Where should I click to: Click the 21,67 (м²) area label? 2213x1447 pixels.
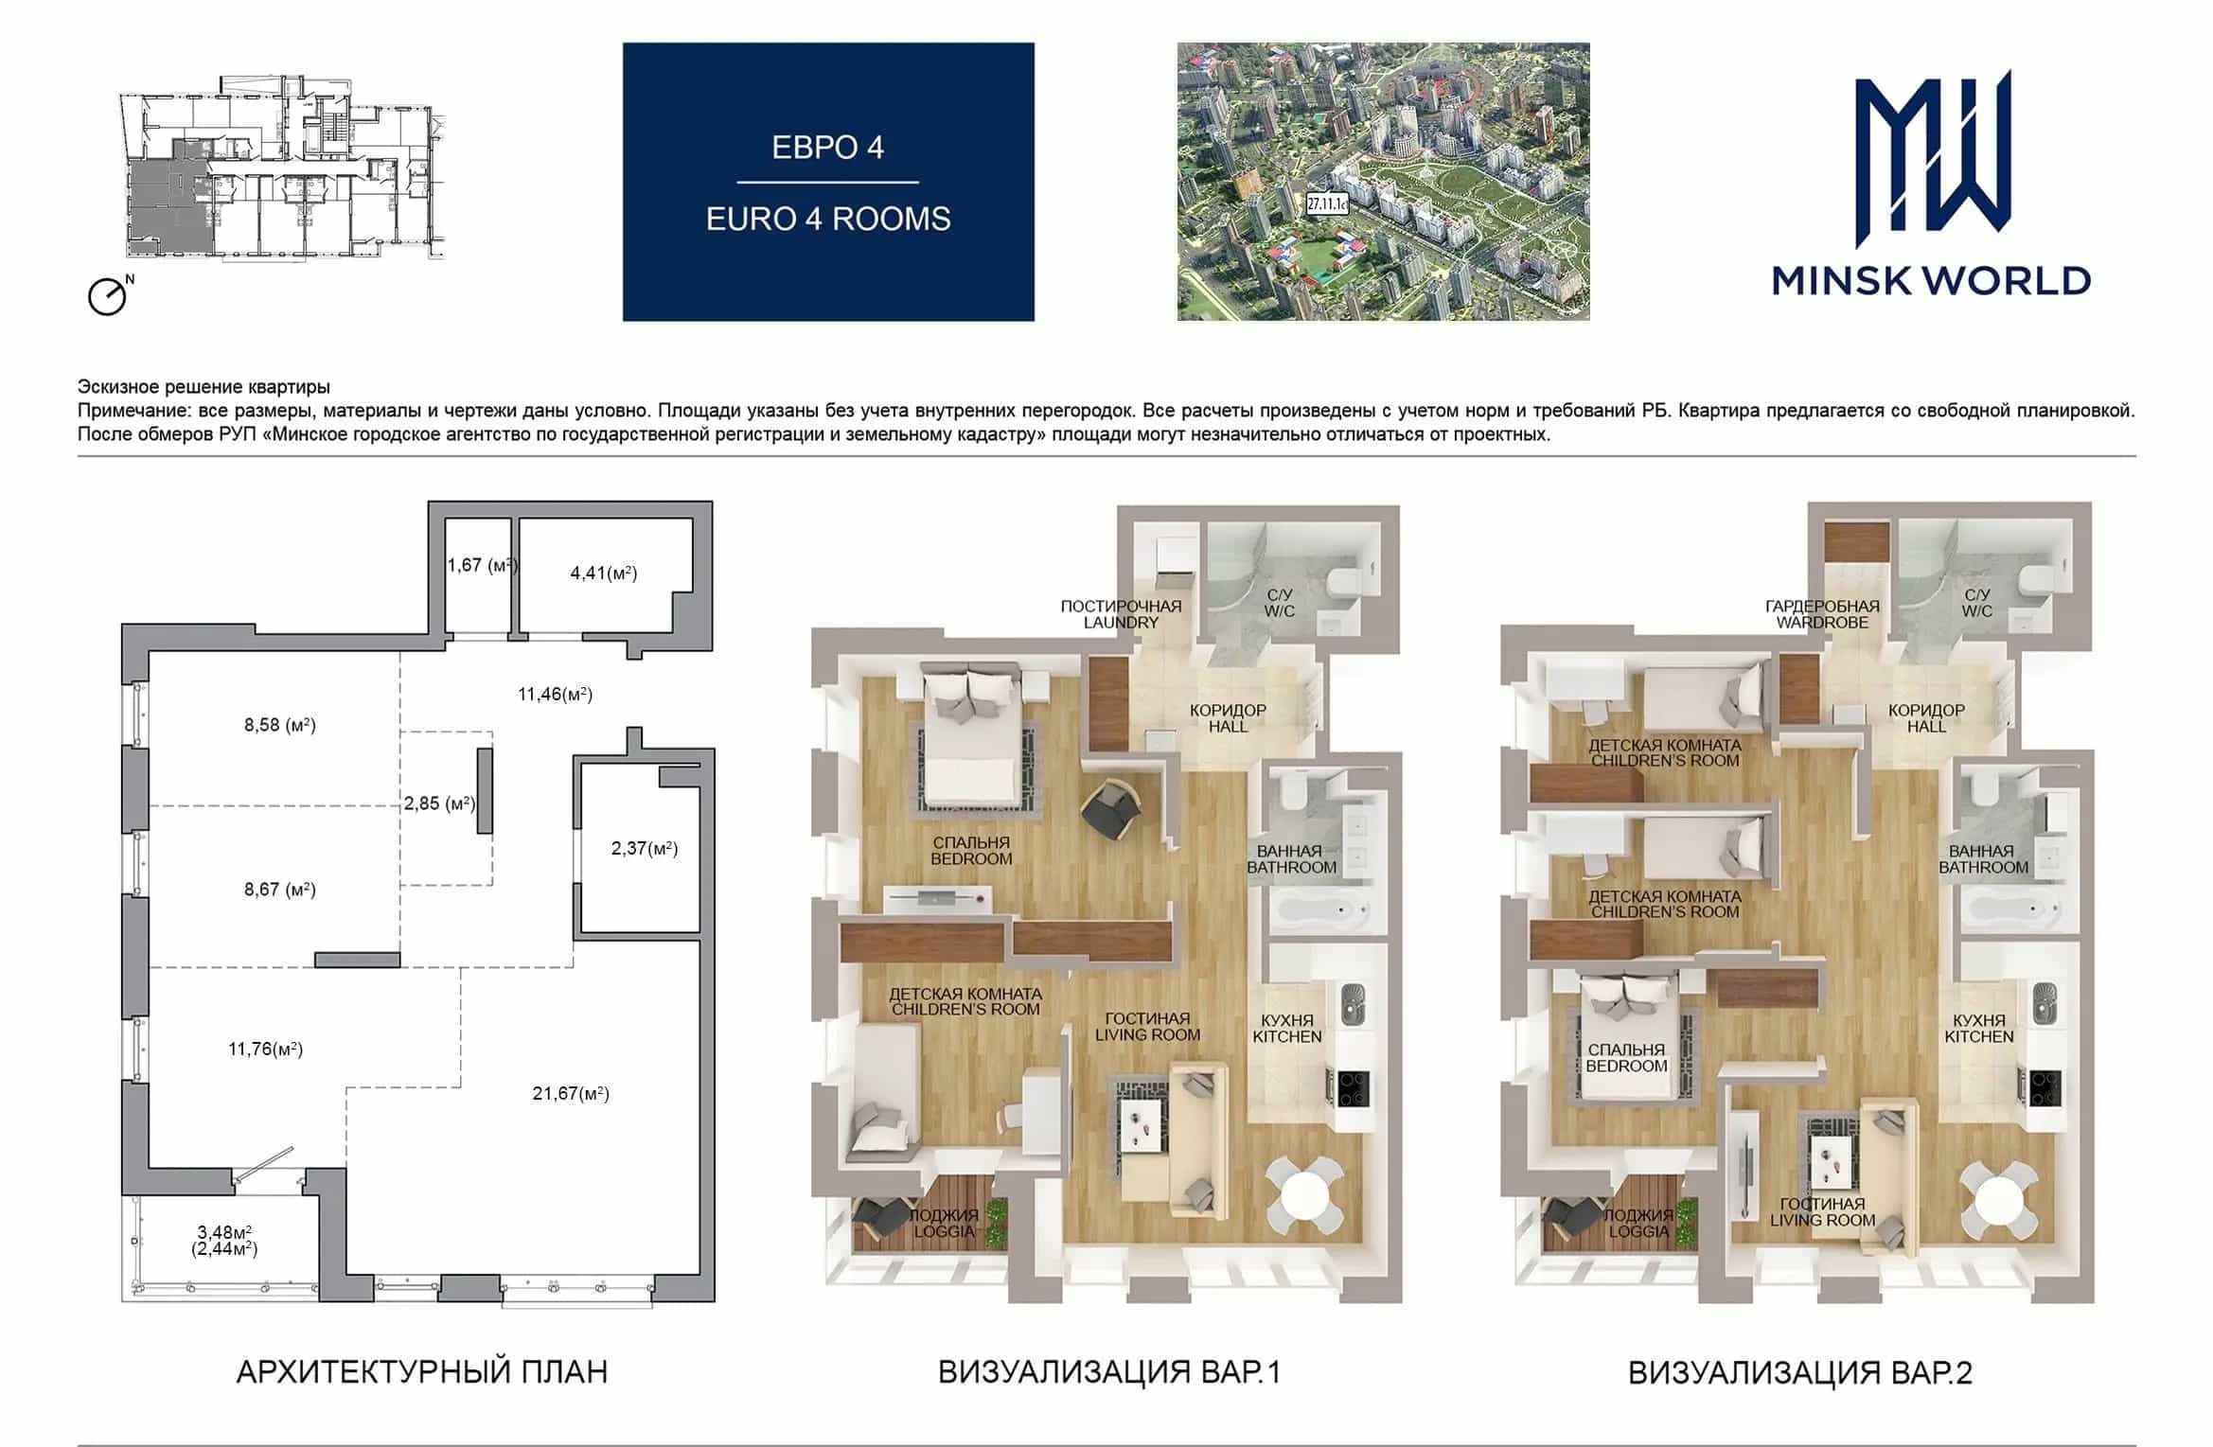coord(571,1094)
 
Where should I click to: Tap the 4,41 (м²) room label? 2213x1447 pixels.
coord(604,573)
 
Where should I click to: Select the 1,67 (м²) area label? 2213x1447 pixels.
coord(483,565)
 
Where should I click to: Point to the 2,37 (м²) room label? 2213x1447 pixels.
coord(645,848)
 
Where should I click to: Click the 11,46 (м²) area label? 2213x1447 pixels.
coord(555,695)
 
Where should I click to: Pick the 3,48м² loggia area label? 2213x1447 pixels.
coord(224,1232)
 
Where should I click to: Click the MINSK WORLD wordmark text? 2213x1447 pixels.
coord(1931,280)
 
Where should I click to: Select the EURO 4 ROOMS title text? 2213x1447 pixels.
coord(828,219)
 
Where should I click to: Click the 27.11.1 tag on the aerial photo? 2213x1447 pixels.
coord(1327,203)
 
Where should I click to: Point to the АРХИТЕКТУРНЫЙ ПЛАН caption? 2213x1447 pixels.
coord(422,1372)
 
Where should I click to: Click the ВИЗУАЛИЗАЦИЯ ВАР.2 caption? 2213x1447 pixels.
coord(1800,1373)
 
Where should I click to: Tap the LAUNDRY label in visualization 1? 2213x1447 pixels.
coord(1121,623)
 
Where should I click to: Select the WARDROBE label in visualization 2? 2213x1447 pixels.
coord(1822,623)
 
